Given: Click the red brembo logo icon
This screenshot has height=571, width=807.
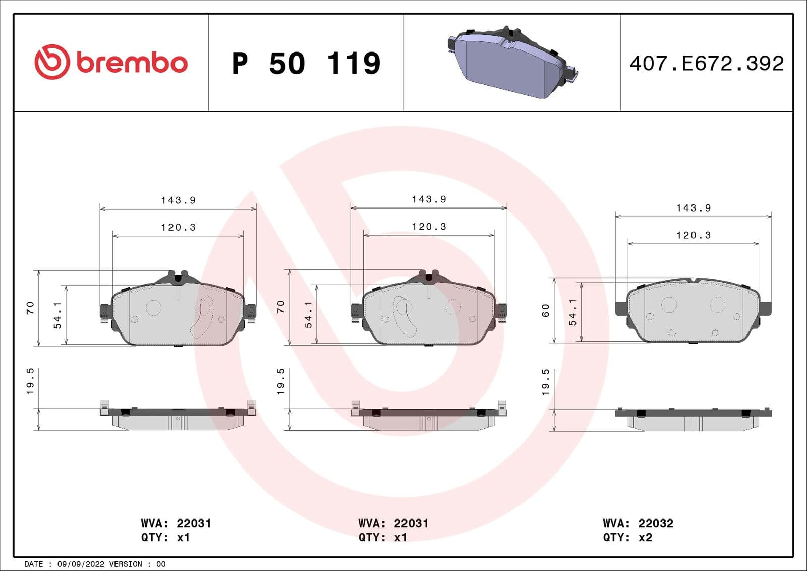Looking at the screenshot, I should pyautogui.click(x=51, y=62).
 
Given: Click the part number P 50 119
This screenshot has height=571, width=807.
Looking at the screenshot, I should pyautogui.click(x=306, y=64).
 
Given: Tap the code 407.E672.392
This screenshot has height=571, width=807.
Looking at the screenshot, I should pyautogui.click(x=707, y=64).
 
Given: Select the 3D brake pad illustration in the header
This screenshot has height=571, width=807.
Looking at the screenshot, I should pyautogui.click(x=511, y=62).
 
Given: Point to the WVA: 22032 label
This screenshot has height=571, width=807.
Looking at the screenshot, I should pyautogui.click(x=638, y=523).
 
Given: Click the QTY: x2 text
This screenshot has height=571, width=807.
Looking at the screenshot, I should pyautogui.click(x=627, y=537).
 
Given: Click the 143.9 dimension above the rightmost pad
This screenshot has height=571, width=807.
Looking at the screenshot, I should pyautogui.click(x=694, y=208).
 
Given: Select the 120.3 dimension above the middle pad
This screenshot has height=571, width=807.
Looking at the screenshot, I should pyautogui.click(x=429, y=227).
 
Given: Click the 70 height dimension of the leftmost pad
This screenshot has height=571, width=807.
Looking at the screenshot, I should pyautogui.click(x=30, y=307).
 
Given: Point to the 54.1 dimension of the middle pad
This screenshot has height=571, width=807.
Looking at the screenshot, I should pyautogui.click(x=308, y=315).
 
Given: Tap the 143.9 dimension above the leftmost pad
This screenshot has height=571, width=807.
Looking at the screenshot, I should pyautogui.click(x=179, y=200).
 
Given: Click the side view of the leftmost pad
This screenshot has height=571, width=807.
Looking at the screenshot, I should pyautogui.click(x=178, y=418).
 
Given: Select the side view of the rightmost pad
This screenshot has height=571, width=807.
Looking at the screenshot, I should pyautogui.click(x=693, y=419).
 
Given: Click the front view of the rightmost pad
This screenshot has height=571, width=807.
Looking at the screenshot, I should pyautogui.click(x=693, y=312).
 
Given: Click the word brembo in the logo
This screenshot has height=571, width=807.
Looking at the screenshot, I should pyautogui.click(x=132, y=63).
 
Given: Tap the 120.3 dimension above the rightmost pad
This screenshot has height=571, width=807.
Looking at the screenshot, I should pyautogui.click(x=694, y=235).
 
